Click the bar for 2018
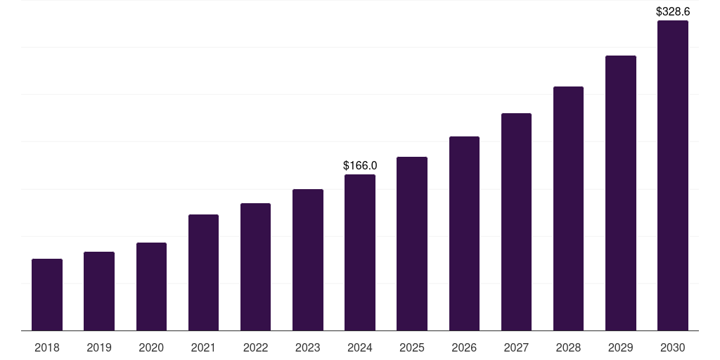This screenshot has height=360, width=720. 47,295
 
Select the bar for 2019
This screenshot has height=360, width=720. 99,291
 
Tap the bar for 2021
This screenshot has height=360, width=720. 203,273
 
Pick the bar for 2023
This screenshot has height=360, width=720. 308,260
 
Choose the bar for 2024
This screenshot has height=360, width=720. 360,252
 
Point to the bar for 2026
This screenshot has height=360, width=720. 464,233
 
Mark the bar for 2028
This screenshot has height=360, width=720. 568,209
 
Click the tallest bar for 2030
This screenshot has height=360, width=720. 673,176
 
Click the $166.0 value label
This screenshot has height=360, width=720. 360,165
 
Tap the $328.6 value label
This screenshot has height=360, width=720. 673,11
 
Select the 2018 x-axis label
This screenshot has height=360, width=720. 47,347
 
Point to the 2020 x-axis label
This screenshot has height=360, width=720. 151,347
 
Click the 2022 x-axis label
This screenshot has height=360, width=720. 255,347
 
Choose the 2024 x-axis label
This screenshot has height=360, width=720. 360,347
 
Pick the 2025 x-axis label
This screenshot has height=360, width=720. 412,347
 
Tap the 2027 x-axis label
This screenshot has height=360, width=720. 516,347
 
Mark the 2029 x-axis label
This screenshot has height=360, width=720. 620,347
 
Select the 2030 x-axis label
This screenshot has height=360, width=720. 673,347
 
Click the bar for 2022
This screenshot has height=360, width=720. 255,267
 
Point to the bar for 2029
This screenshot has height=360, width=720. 620,193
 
